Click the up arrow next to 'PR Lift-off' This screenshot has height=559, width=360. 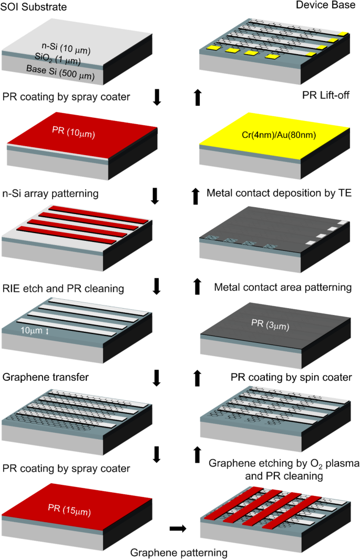(198, 97)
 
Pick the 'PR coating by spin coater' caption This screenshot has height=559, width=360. (291, 378)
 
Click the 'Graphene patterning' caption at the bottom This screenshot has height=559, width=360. (179, 552)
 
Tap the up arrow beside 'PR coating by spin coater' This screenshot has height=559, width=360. (198, 378)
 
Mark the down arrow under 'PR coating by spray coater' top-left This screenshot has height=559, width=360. (156, 98)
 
